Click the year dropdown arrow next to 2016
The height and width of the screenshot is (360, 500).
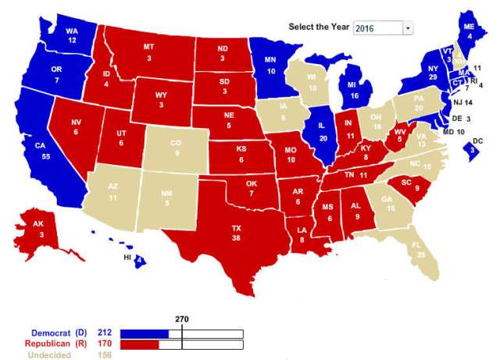[x=407, y=28]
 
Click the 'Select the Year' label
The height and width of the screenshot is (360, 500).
[x=319, y=27]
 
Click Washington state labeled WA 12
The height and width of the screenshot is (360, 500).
[x=73, y=35]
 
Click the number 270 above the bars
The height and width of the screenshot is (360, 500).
[x=182, y=319]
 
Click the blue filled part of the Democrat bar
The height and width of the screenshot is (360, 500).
[x=145, y=333]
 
